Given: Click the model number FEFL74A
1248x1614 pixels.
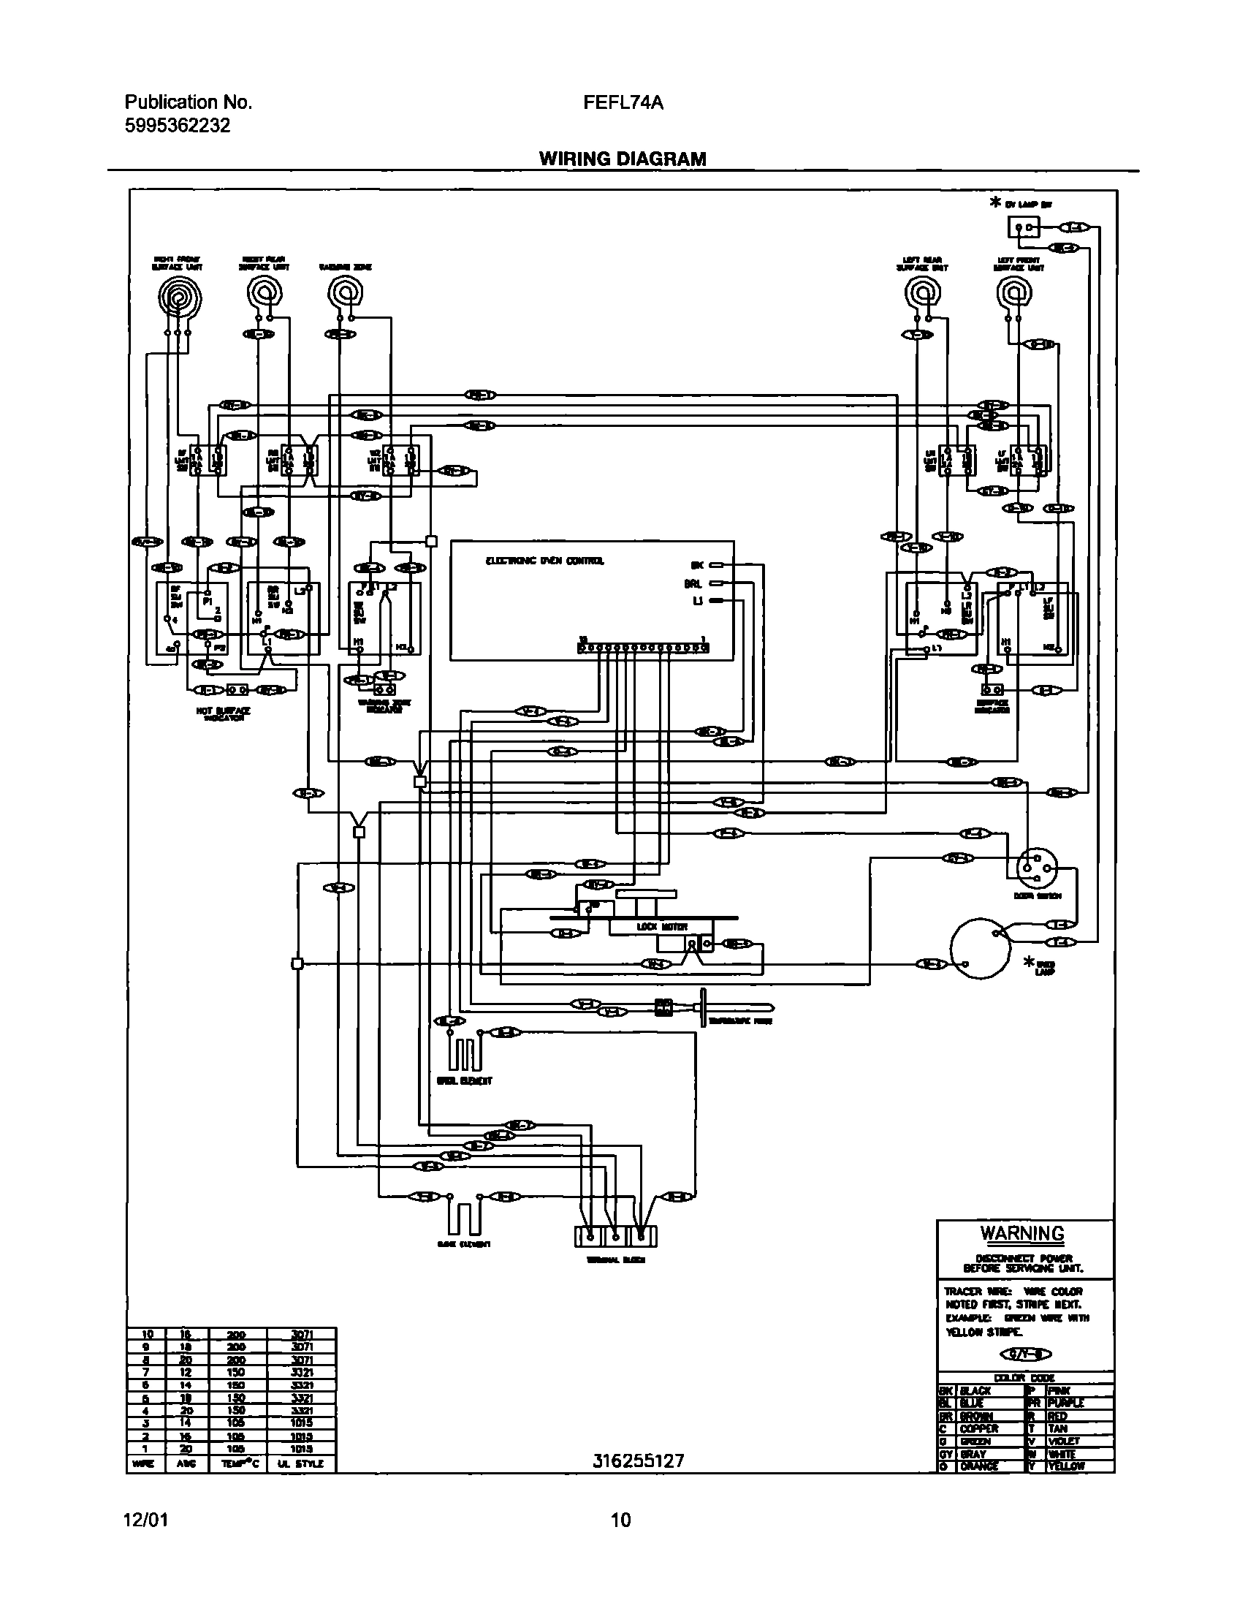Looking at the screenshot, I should [x=622, y=103].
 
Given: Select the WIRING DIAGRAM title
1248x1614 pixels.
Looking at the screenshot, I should [x=622, y=159].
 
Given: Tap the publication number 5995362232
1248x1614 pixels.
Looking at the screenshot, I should [x=178, y=126].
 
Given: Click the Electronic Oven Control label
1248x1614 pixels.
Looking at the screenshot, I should [x=544, y=561].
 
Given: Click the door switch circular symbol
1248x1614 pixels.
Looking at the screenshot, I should [x=1037, y=865].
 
